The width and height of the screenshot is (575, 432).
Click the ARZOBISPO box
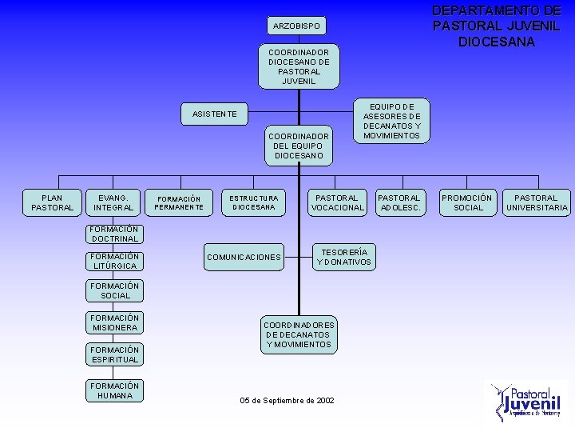[296, 26]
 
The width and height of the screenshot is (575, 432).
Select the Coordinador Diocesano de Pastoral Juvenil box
[299, 66]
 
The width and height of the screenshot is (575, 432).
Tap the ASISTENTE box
[215, 114]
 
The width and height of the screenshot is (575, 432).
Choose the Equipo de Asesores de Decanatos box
[391, 120]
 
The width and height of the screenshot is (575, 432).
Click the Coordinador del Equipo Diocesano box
[299, 146]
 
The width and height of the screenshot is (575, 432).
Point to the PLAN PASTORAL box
[52, 202]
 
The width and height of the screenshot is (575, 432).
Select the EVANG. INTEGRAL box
[113, 202]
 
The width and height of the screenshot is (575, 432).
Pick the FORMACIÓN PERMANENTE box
[179, 202]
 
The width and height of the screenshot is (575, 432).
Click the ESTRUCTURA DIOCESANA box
[254, 202]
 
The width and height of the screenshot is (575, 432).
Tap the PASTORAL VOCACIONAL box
[337, 202]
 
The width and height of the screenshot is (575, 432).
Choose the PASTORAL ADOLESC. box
[399, 202]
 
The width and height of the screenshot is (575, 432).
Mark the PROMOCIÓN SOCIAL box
[468, 202]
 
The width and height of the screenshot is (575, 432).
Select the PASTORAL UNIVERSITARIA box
[537, 202]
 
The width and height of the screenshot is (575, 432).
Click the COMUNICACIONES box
[244, 257]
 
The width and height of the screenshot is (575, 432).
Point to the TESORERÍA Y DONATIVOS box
[344, 257]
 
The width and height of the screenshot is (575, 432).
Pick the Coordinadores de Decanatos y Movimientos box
[299, 334]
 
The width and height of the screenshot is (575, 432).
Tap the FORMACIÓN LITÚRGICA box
[115, 261]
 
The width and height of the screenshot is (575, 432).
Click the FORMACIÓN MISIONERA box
[115, 322]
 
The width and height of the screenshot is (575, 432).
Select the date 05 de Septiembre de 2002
[287, 400]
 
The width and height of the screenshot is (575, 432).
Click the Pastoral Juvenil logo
[529, 400]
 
